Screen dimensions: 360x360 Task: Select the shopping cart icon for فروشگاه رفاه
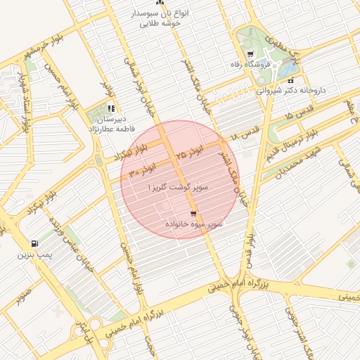click(250, 55)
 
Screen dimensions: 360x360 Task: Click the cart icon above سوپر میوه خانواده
click(193, 214)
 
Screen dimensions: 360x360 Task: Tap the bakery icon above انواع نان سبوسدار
click(156, 4)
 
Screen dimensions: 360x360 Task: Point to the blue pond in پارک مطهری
click(288, 68)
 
